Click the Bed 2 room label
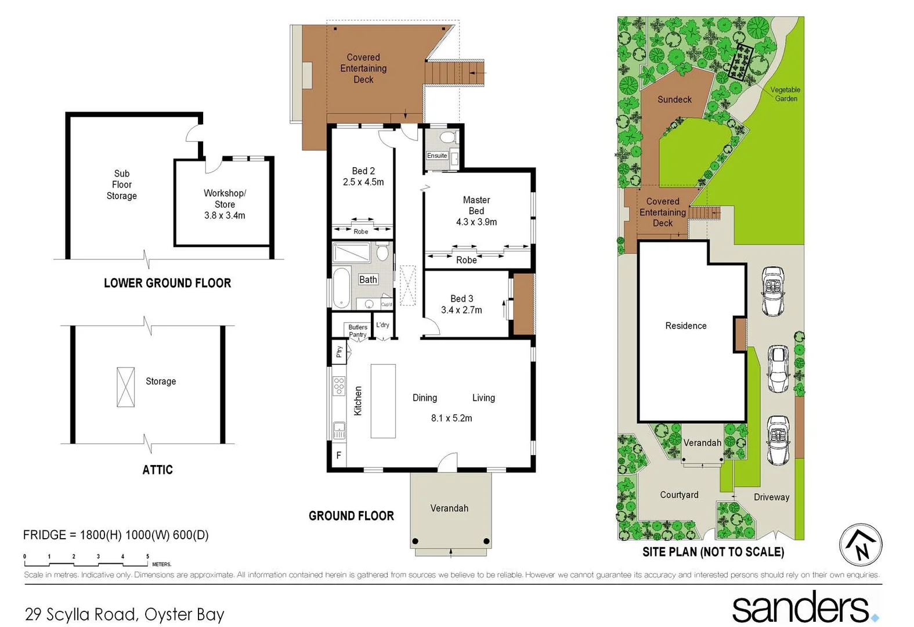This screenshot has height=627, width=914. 363,171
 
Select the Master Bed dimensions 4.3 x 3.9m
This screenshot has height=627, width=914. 476,222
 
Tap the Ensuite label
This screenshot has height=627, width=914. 437,156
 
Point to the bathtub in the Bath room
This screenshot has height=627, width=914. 341,287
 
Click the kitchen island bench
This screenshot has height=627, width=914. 383,401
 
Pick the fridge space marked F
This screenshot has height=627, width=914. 339,456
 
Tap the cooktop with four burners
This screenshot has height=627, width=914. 339,385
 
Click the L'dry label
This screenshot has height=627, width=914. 382,325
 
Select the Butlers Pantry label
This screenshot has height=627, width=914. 357,330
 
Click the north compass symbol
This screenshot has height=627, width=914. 861,545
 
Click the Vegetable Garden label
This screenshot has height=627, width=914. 785,94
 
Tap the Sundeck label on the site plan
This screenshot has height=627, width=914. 674,99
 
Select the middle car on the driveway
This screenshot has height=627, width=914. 778,369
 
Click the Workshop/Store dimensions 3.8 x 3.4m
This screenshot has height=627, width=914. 225,215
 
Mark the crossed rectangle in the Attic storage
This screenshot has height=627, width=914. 125,387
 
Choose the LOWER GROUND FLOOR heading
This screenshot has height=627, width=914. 167,283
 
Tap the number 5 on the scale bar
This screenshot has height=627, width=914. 147,556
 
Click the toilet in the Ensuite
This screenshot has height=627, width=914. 447,138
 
